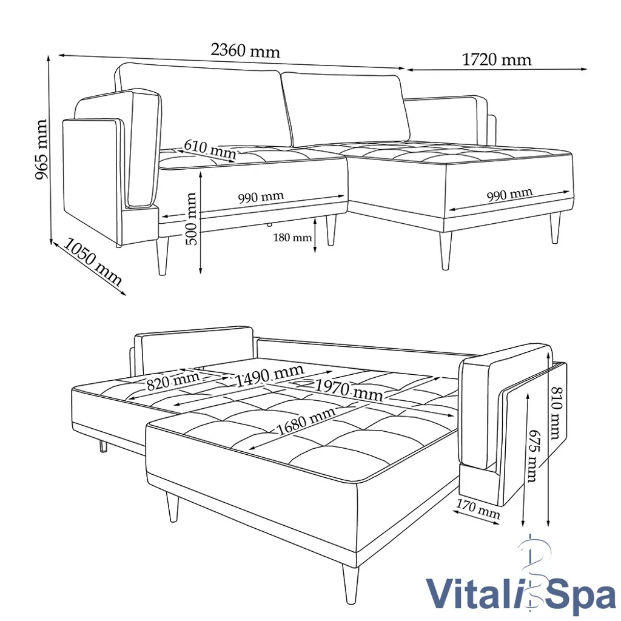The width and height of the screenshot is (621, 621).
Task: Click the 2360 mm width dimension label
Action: pyautogui.click(x=245, y=51)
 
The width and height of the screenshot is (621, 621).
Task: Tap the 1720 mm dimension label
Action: pyautogui.click(x=496, y=59)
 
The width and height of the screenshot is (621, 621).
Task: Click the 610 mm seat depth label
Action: pyautogui.click(x=209, y=149)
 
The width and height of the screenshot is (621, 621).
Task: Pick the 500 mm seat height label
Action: pyautogui.click(x=191, y=218)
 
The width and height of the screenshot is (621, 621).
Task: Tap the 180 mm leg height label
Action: pyautogui.click(x=292, y=237)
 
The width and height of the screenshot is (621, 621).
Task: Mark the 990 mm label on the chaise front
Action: pyautogui.click(x=509, y=195)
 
